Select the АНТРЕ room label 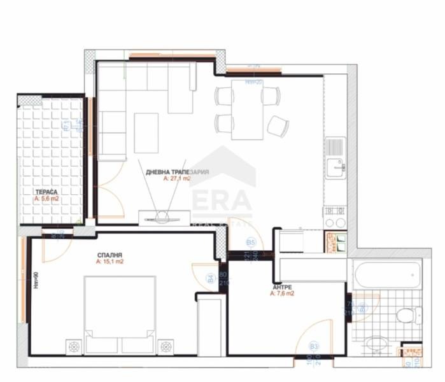click(x=283, y=286)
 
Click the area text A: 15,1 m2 click(x=109, y=262)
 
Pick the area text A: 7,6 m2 click(x=282, y=294)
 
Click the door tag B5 click(x=251, y=243)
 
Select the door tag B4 click(x=210, y=278)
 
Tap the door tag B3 click(x=313, y=346)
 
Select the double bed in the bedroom click(x=120, y=313)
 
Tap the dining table click(x=247, y=109)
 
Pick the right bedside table click(x=166, y=346)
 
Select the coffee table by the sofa click(x=146, y=132)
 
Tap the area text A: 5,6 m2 click(x=48, y=199)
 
